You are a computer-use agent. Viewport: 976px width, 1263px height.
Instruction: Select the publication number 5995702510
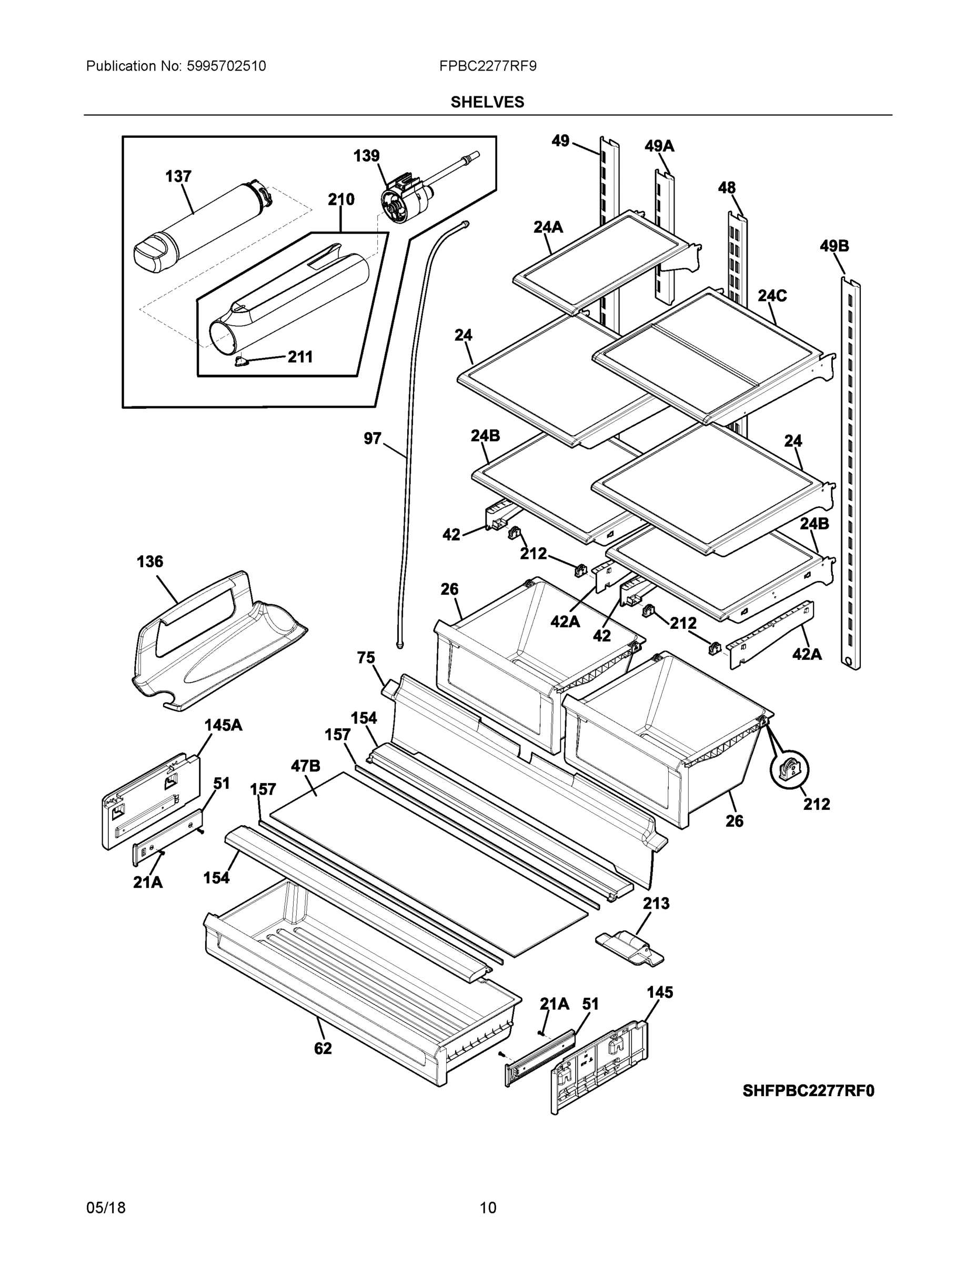pos(226,66)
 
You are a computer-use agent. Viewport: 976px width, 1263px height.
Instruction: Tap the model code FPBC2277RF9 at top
pos(487,66)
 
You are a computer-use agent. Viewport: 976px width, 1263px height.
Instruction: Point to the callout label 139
pos(367,156)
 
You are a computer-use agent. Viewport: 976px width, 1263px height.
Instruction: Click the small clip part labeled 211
pos(240,362)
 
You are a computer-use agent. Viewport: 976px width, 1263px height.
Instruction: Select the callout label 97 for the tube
pos(373,438)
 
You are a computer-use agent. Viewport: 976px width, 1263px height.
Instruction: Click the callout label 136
pos(150,561)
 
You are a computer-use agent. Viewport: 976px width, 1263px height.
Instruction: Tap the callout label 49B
pos(834,246)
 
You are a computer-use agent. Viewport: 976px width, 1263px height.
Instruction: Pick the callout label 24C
pos(772,296)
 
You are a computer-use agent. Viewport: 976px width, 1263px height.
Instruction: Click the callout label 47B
pos(305,766)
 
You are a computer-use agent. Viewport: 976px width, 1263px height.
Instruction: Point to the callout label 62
pos(323,1048)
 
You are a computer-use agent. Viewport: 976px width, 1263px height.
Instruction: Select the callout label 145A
pos(223,725)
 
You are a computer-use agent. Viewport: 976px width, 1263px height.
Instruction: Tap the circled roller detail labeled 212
pos(789,769)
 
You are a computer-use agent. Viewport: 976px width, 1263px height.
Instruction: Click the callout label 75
pos(366,657)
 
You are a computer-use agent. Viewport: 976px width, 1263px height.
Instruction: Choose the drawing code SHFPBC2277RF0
pos(808,1091)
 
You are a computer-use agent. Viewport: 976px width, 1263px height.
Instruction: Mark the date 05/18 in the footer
pos(106,1208)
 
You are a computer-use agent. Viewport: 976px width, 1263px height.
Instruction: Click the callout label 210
pos(341,199)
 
